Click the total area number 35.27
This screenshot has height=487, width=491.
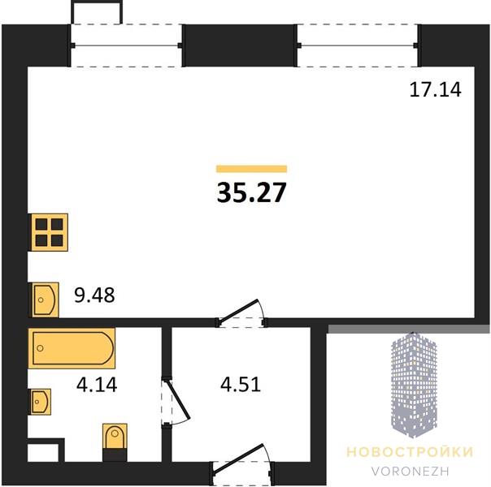(251, 192)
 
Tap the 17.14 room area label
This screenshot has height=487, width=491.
(435, 90)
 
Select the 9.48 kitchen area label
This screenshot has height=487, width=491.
(94, 295)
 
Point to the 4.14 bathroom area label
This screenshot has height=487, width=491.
(97, 385)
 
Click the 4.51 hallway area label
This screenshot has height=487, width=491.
(241, 385)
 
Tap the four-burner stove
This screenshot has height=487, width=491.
(49, 232)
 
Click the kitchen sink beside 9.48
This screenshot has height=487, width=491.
(44, 300)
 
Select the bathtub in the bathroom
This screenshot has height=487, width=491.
(72, 348)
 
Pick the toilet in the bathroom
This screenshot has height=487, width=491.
(115, 442)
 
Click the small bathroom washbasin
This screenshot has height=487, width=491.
(40, 402)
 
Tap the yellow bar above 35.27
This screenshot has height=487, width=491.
(252, 169)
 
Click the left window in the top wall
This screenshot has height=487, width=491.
(126, 45)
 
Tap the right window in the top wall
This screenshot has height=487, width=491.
(358, 45)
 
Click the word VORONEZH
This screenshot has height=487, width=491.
(411, 471)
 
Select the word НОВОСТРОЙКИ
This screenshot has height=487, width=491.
(410, 452)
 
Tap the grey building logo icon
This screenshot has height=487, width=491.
(414, 385)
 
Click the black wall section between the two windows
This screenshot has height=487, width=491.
(240, 45)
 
